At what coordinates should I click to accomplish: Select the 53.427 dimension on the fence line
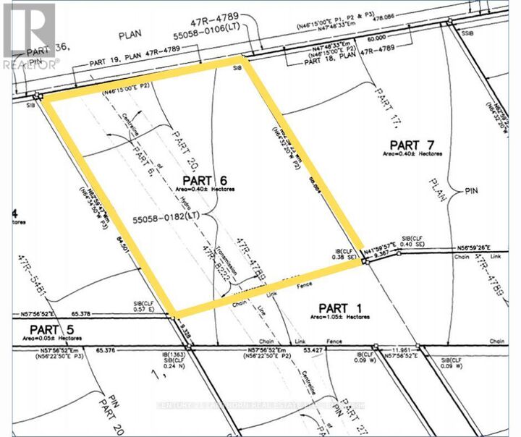312,349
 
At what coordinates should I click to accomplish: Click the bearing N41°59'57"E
391,246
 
